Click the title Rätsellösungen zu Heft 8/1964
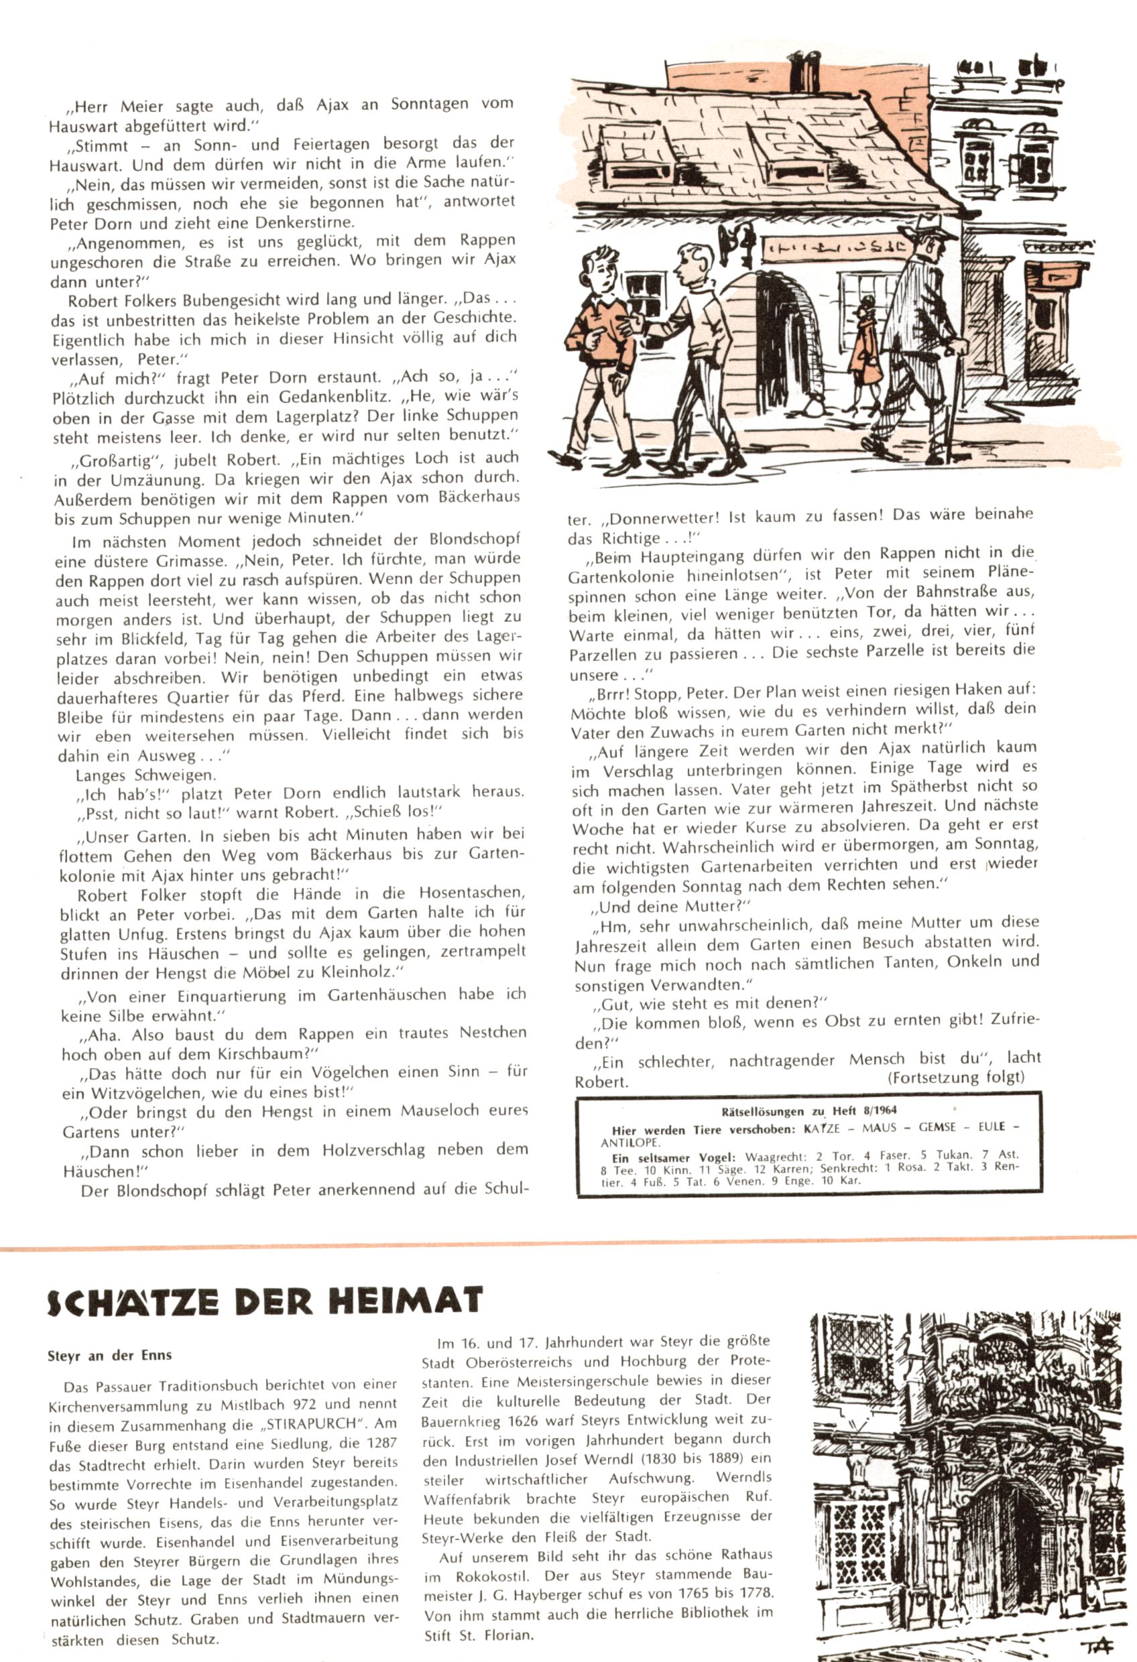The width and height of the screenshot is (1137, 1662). (x=809, y=1110)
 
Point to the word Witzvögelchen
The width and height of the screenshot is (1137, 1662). (x=137, y=1093)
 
